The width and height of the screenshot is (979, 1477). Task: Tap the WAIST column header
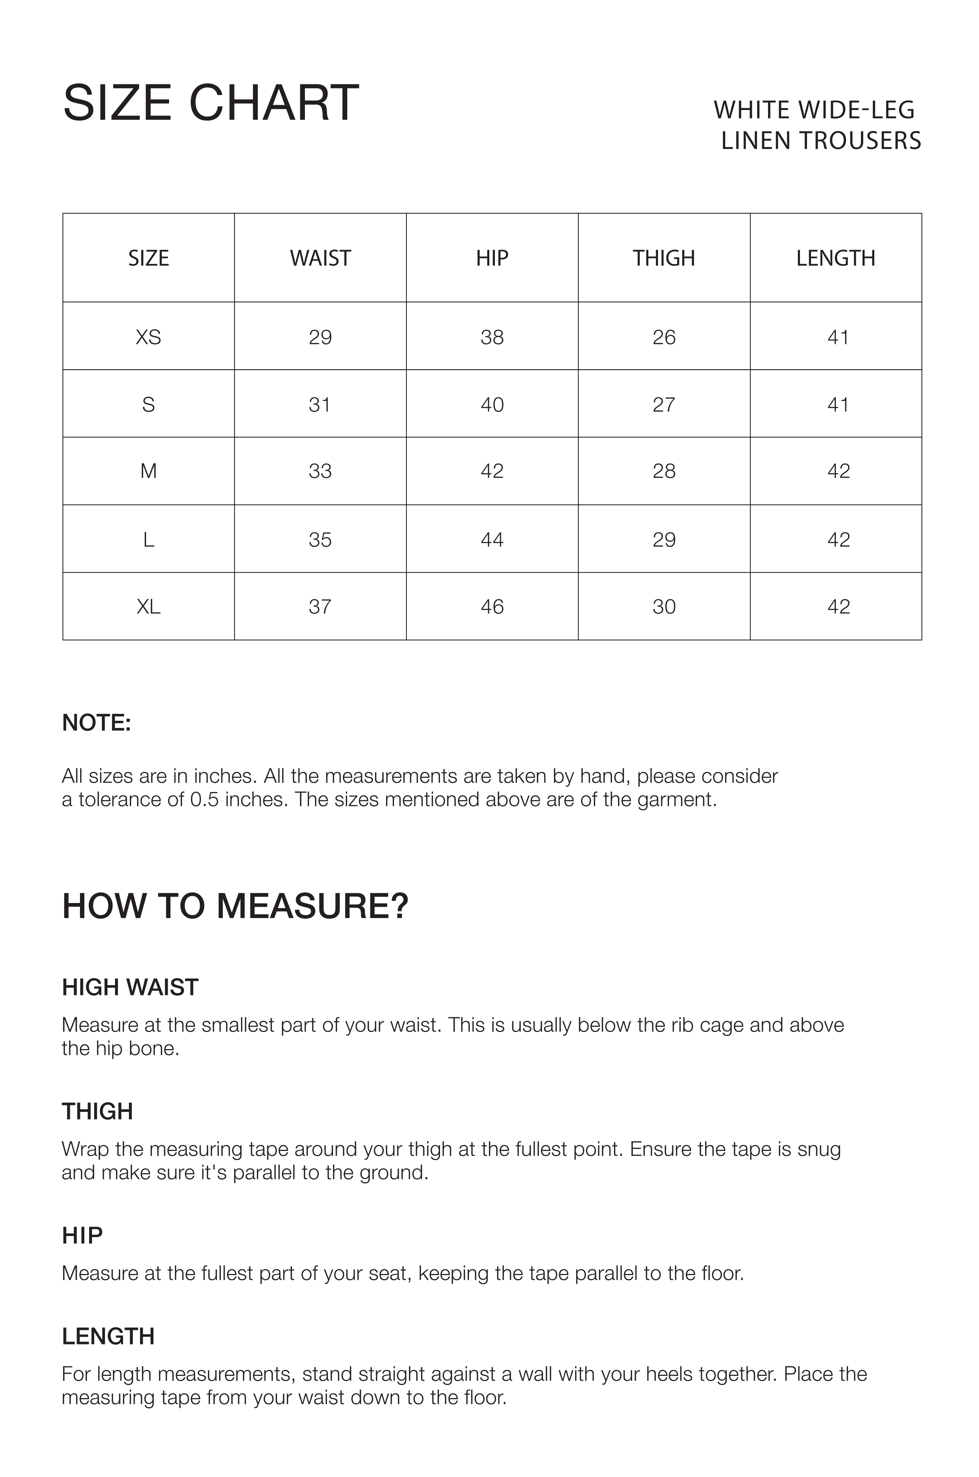click(x=320, y=258)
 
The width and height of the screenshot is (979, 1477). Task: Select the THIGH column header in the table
click(x=664, y=258)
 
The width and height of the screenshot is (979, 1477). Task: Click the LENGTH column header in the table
click(x=835, y=258)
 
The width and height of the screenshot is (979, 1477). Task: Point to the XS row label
click(x=149, y=337)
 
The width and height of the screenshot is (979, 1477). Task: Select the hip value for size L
click(x=492, y=539)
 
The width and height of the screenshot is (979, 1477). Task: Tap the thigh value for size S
click(x=664, y=405)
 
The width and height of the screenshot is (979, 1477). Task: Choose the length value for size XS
click(x=838, y=337)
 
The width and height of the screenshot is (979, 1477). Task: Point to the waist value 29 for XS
click(x=320, y=337)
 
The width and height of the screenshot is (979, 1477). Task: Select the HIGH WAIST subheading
click(x=130, y=987)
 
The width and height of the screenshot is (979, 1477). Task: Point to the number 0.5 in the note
click(x=204, y=800)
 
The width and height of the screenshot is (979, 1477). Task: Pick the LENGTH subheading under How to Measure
click(x=108, y=1336)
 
